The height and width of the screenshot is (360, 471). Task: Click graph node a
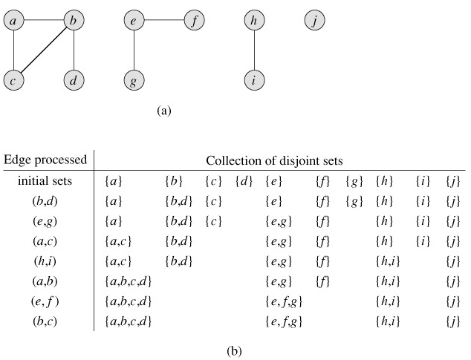coord(13,21)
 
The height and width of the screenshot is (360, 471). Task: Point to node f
coord(193,21)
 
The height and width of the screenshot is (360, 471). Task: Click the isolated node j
coord(315,21)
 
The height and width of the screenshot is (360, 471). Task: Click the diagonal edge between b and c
coord(43,50)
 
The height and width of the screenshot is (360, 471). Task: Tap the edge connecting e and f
coord(163,21)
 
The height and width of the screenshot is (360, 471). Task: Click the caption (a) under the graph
coord(164,111)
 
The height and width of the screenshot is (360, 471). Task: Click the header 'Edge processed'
coord(45,160)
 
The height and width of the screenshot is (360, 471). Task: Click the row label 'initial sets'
coord(46,180)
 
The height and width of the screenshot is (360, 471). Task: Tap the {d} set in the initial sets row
coord(243,180)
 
